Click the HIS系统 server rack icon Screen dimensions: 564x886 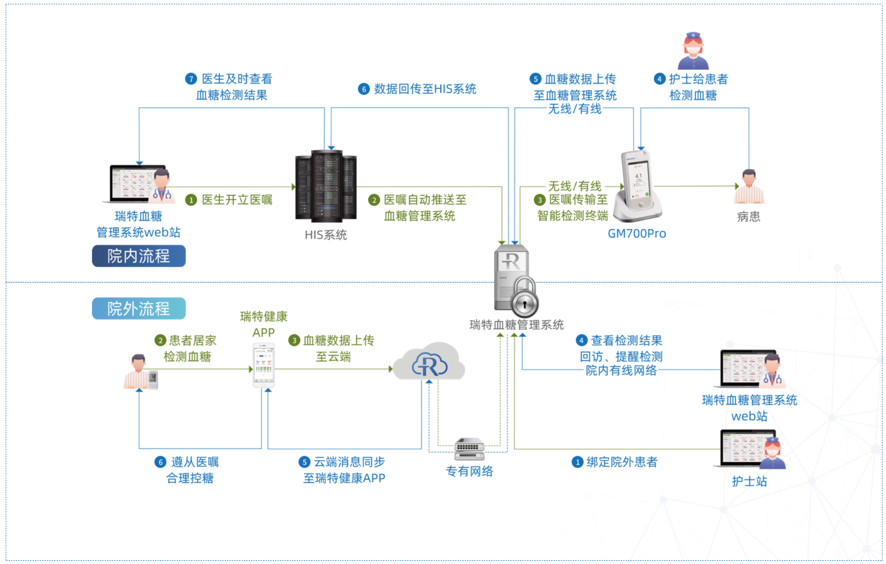[x=326, y=186]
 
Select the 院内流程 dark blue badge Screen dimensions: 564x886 [x=139, y=256]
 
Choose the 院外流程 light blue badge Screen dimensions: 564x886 [x=139, y=309]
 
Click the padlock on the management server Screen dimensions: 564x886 [x=525, y=299]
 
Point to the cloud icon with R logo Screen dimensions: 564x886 [x=429, y=362]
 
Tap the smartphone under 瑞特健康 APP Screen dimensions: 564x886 [x=264, y=365]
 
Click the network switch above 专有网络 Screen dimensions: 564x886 [x=469, y=449]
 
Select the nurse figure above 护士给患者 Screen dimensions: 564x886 [x=693, y=51]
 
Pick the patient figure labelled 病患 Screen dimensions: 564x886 [x=749, y=187]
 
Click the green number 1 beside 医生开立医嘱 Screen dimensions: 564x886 [x=191, y=200]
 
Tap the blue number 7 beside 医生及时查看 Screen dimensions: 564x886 [x=191, y=79]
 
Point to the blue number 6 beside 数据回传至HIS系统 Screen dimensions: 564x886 [x=364, y=89]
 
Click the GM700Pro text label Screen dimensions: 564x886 [x=637, y=233]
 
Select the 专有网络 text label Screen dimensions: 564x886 [x=469, y=471]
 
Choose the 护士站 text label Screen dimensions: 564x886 [x=749, y=481]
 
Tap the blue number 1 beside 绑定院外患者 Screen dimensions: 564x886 [x=578, y=462]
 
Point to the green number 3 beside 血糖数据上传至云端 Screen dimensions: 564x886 [x=294, y=340]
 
